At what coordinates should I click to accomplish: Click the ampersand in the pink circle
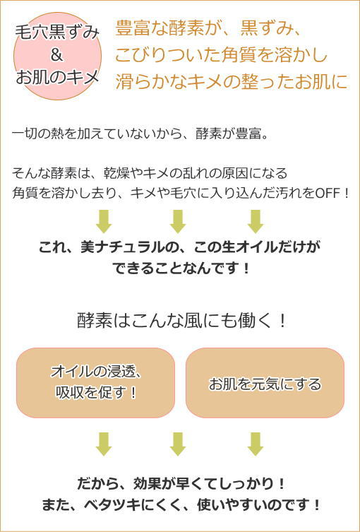click(57, 55)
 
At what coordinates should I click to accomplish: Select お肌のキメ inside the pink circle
click(57, 77)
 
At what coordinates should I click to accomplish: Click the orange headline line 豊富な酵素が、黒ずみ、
click(208, 29)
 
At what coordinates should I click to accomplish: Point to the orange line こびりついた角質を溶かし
click(222, 55)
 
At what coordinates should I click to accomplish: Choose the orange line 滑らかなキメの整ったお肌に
click(232, 81)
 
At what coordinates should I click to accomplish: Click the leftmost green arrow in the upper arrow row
click(104, 221)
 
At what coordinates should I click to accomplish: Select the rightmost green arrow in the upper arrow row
click(256, 221)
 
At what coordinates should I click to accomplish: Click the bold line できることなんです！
click(180, 269)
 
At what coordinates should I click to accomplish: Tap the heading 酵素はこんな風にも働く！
click(182, 321)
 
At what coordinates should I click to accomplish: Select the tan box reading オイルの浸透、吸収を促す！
click(95, 383)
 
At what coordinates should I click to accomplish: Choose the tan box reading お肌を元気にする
click(265, 383)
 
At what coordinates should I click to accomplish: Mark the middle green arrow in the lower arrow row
click(178, 444)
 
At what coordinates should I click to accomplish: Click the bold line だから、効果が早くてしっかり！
click(181, 483)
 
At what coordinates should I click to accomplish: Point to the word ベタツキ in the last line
click(111, 506)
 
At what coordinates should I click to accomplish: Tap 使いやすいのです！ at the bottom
click(258, 506)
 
